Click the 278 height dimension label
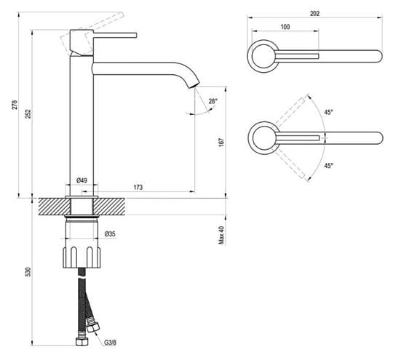[15, 105]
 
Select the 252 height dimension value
[28, 113]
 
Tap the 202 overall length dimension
[314, 13]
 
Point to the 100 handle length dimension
[285, 27]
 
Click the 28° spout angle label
[213, 101]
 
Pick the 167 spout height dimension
[221, 142]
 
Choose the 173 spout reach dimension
[138, 187]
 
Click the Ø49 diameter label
[82, 180]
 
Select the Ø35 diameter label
[110, 234]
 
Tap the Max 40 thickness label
[221, 235]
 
